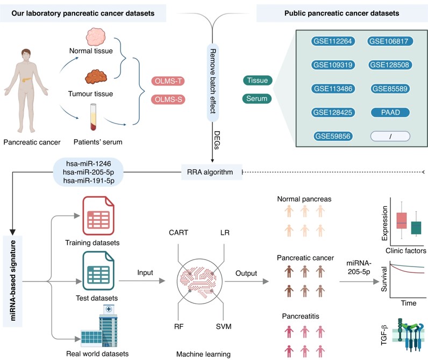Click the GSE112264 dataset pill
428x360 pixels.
click(x=333, y=41)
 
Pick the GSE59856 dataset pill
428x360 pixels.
click(x=333, y=136)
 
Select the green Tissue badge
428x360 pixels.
click(x=258, y=81)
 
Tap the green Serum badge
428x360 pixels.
click(x=258, y=99)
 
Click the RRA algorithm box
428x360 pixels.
click(x=211, y=172)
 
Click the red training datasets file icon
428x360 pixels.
click(x=97, y=217)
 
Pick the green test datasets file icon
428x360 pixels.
click(x=97, y=272)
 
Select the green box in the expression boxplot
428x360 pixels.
click(x=416, y=227)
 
